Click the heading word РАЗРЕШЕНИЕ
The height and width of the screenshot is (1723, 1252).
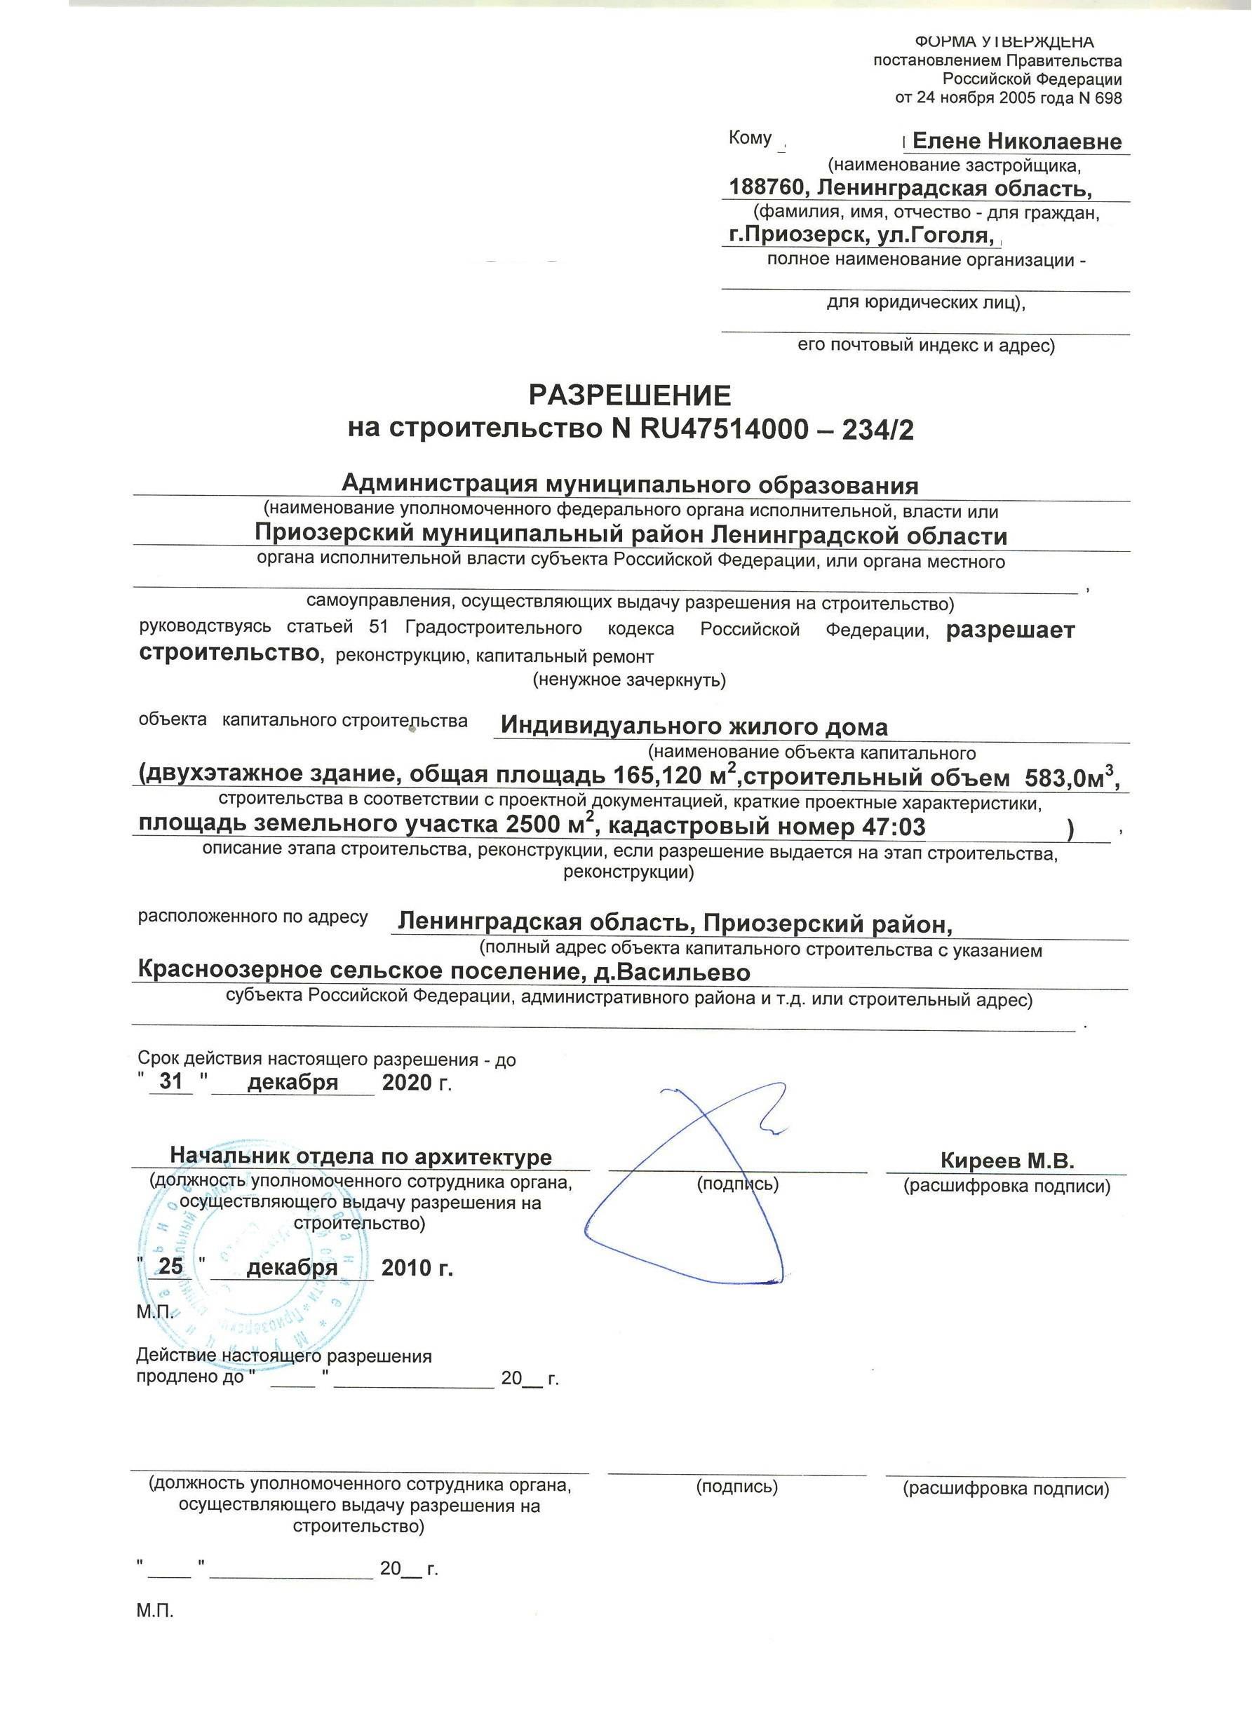point(630,396)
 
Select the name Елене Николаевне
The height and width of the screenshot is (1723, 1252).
point(1016,142)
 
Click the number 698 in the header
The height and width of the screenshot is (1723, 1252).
point(1107,98)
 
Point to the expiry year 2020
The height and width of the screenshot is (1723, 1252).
point(406,1082)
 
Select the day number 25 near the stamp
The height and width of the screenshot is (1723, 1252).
point(171,1266)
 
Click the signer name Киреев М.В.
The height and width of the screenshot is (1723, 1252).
point(1007,1160)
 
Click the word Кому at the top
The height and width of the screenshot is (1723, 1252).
point(750,138)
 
